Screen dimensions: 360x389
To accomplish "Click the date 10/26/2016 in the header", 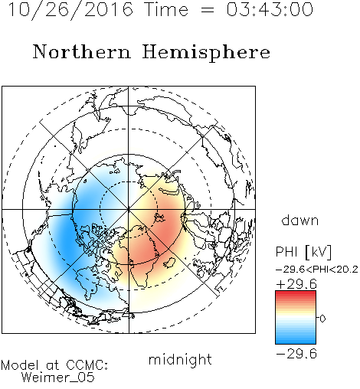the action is [70, 9].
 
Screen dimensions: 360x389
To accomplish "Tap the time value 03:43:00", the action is [270, 9].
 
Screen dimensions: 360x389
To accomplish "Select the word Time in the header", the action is [166, 9].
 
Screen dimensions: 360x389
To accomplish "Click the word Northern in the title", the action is [82, 51].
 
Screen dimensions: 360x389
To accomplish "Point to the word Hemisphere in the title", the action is [206, 53].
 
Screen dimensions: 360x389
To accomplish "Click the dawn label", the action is [300, 220].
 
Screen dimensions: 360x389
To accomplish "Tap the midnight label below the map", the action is [180, 359].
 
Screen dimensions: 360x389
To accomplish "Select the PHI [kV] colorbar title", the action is [303, 252].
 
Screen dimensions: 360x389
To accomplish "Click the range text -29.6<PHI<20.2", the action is [317, 270].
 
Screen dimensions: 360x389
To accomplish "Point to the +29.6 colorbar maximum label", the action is [296, 284].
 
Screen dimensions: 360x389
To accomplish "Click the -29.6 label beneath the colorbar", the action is [296, 354].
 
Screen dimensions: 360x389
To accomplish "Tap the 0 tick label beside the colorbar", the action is [322, 319].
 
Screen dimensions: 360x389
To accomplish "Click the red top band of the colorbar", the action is [296, 293].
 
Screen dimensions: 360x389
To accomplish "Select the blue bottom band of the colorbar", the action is [296, 341].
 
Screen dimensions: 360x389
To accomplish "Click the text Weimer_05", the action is [58, 378].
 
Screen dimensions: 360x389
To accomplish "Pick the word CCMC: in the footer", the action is [87, 365].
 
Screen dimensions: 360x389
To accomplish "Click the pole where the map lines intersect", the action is [129, 210].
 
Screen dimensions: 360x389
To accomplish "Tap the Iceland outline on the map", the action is [170, 263].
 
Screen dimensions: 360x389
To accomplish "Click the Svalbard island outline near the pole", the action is [159, 218].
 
